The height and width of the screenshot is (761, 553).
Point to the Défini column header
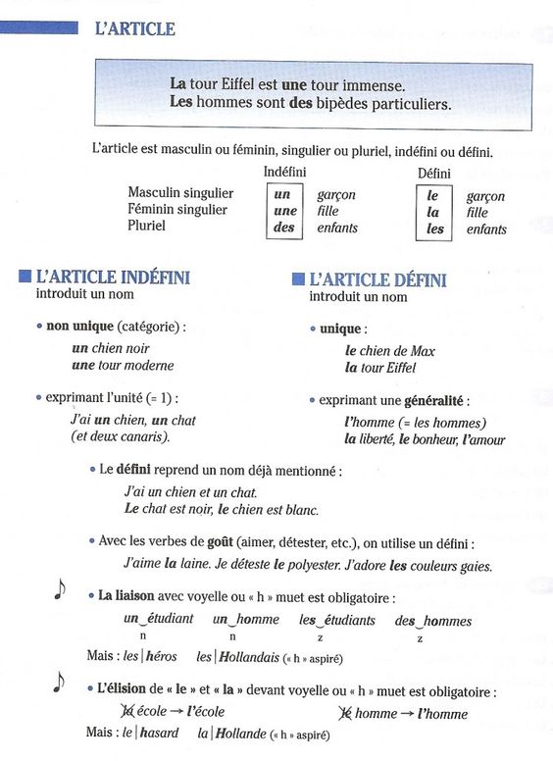[433, 174]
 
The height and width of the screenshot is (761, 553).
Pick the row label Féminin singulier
[177, 210]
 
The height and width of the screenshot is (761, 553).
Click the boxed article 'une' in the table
[285, 211]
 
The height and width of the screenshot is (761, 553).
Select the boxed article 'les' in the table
[434, 228]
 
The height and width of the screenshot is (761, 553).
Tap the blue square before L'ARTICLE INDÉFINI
[25, 278]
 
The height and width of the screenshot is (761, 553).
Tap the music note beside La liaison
[61, 588]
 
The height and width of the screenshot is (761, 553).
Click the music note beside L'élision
[60, 684]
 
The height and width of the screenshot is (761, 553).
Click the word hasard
[159, 733]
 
